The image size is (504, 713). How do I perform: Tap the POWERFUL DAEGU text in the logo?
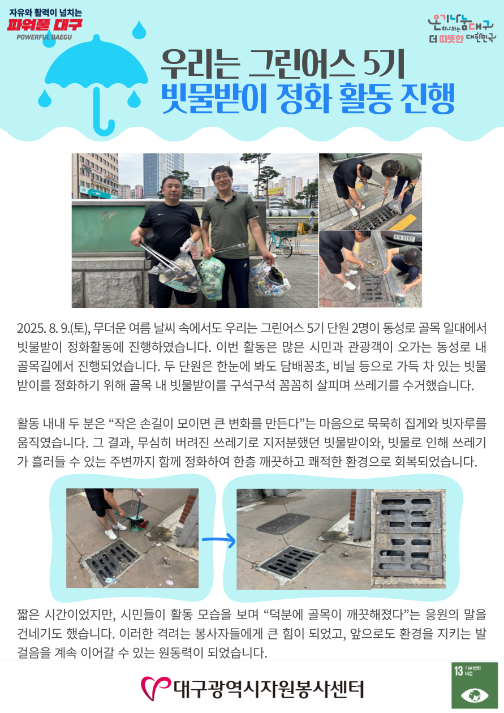pyautogui.click(x=44, y=37)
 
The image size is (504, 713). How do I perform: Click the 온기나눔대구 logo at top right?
pyautogui.click(x=462, y=29)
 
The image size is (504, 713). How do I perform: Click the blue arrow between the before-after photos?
pyautogui.click(x=219, y=540)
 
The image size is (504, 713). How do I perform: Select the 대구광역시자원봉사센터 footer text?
pyautogui.click(x=269, y=689)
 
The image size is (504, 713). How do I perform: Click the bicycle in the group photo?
pyautogui.click(x=281, y=242)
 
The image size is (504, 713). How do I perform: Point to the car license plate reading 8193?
pyautogui.click(x=404, y=238)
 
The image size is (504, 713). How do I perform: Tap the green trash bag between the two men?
pyautogui.click(x=211, y=278)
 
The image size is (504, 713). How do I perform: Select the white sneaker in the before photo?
pyautogui.click(x=110, y=534)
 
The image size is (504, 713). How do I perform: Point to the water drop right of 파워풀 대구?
pyautogui.click(x=139, y=30)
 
